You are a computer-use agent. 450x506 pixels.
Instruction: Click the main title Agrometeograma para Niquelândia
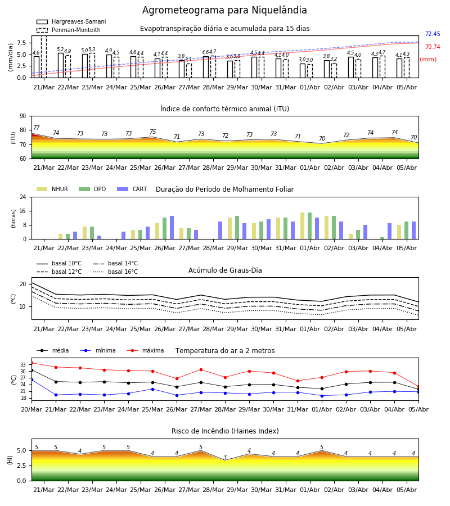point(224,10)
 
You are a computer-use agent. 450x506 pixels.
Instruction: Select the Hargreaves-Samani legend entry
point(71,21)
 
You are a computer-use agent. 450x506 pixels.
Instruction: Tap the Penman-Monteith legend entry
point(69,30)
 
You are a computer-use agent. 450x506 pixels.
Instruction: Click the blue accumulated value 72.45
point(433,34)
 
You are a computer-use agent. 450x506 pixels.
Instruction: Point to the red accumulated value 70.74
point(433,47)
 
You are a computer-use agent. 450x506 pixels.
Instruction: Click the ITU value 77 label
point(37,128)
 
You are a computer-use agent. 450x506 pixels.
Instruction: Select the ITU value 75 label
point(152,132)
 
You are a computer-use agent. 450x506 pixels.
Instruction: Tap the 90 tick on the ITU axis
point(23,116)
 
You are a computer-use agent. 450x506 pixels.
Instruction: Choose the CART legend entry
point(132,189)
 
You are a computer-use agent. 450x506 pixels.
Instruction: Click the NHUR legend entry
point(52,189)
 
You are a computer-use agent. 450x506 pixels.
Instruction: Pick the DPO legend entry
point(92,189)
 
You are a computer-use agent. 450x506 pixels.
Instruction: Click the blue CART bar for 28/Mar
point(220,231)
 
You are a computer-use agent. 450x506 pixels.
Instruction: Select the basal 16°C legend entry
point(115,272)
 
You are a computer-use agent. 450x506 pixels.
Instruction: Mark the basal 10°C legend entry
point(59,263)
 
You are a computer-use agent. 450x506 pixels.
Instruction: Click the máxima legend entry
point(145,350)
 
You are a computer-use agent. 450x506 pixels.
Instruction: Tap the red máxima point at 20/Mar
point(31,363)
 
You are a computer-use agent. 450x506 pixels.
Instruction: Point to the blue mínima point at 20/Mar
point(31,380)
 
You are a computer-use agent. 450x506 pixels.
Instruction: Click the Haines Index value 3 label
point(225,457)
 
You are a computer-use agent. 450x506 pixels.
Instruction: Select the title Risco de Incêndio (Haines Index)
point(225,431)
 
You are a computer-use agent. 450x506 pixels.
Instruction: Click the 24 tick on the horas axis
point(23,197)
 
